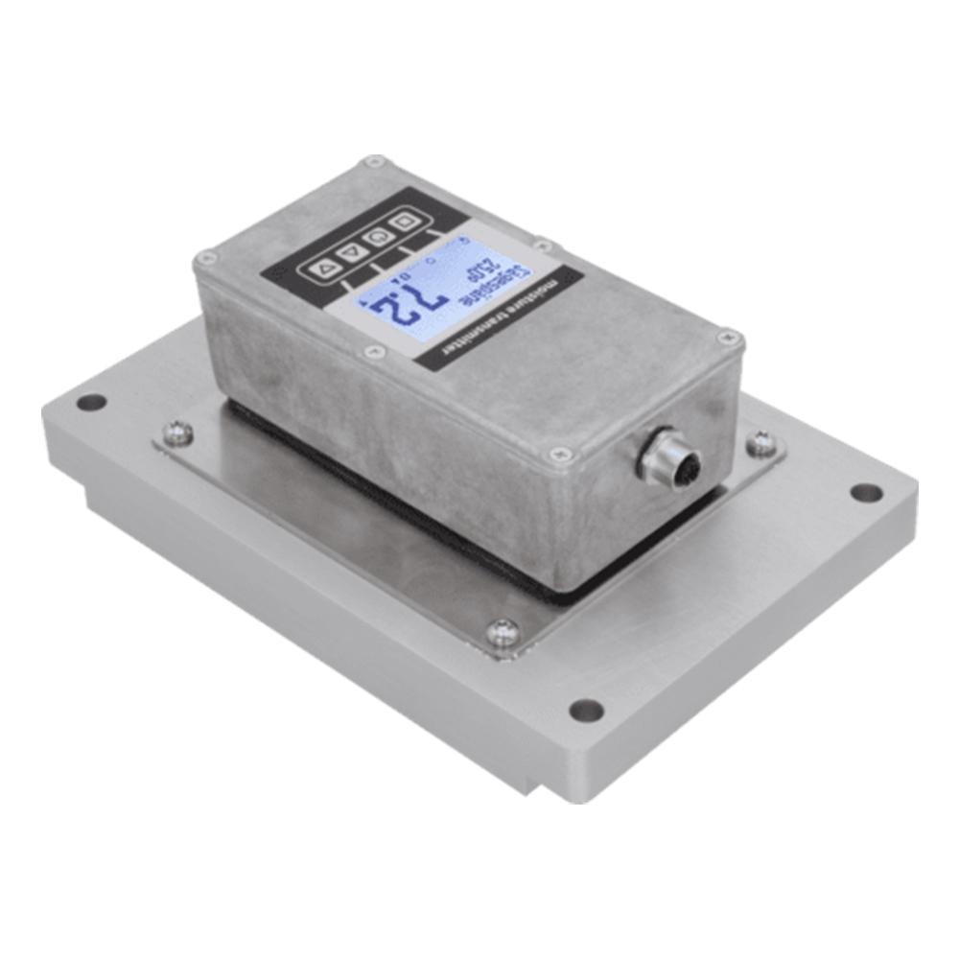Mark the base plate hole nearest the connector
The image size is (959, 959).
[x=866, y=492]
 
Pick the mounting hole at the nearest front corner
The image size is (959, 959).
[x=585, y=711]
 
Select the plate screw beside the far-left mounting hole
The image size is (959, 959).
[x=176, y=433]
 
